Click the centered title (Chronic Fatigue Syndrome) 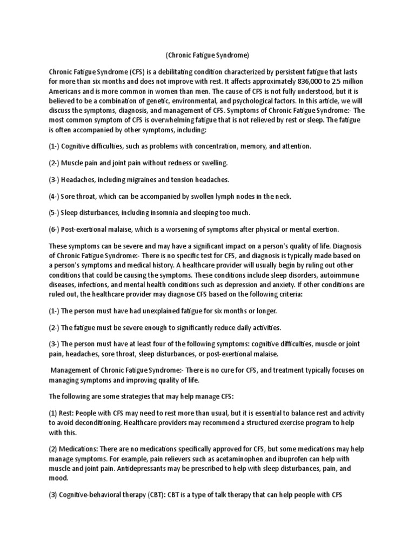[x=207, y=55]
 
